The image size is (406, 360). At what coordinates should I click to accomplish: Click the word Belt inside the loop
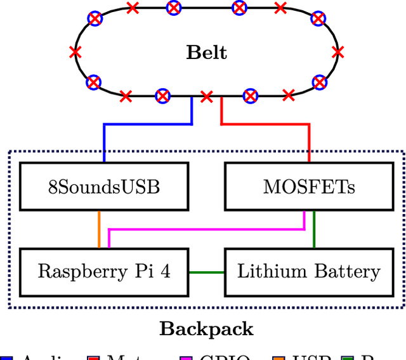pyautogui.click(x=206, y=52)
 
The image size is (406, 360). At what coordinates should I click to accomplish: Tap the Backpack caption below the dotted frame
pyautogui.click(x=206, y=329)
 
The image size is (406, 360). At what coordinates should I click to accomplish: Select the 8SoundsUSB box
pyautogui.click(x=104, y=187)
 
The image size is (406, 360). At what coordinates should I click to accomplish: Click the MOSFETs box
pyautogui.click(x=309, y=187)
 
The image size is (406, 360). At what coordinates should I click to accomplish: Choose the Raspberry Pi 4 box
pyautogui.click(x=104, y=272)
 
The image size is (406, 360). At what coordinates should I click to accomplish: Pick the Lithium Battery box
pyautogui.click(x=309, y=272)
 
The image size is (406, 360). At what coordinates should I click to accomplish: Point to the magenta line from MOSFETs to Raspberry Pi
pyautogui.click(x=206, y=230)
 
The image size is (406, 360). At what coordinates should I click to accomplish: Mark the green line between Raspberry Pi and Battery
pyautogui.click(x=207, y=272)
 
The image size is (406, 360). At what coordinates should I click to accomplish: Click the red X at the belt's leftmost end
pyautogui.click(x=75, y=52)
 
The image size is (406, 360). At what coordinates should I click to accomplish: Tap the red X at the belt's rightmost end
pyautogui.click(x=338, y=52)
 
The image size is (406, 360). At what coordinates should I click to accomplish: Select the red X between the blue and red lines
pyautogui.click(x=206, y=97)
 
